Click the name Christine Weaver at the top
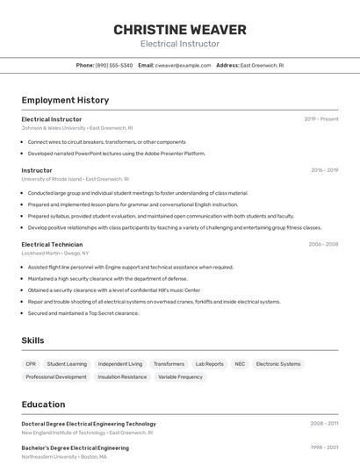pyautogui.click(x=179, y=30)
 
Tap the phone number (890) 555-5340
pyautogui.click(x=114, y=65)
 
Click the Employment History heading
pyautogui.click(x=65, y=100)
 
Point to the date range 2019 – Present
pyautogui.click(x=320, y=118)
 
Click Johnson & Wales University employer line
pyautogui.click(x=76, y=128)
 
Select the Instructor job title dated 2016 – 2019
pyautogui.click(x=37, y=170)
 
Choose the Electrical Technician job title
pyautogui.click(x=54, y=245)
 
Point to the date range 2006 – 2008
pyautogui.click(x=322, y=245)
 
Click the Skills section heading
pyautogui.click(x=33, y=340)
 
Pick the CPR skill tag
pyautogui.click(x=31, y=364)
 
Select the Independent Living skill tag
pyautogui.click(x=119, y=364)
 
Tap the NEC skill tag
pyautogui.click(x=240, y=364)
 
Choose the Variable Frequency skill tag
pyautogui.click(x=180, y=377)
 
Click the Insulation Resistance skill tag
pyautogui.click(x=122, y=377)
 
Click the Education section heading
pyautogui.click(x=43, y=404)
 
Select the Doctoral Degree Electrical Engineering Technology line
pyautogui.click(x=89, y=424)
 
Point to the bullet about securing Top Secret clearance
pyautogui.click(x=83, y=313)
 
